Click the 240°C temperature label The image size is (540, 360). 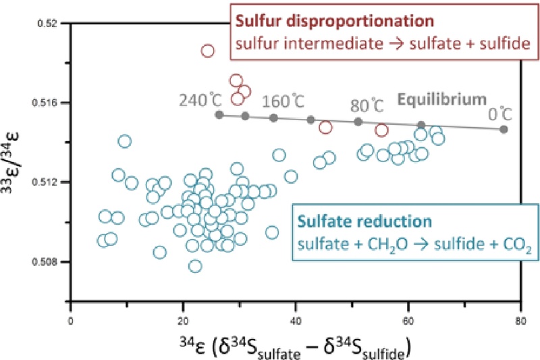(x=200, y=101)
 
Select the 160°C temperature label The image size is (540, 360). (x=282, y=103)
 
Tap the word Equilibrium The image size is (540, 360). (x=440, y=99)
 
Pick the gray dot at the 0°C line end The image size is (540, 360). (x=504, y=129)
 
